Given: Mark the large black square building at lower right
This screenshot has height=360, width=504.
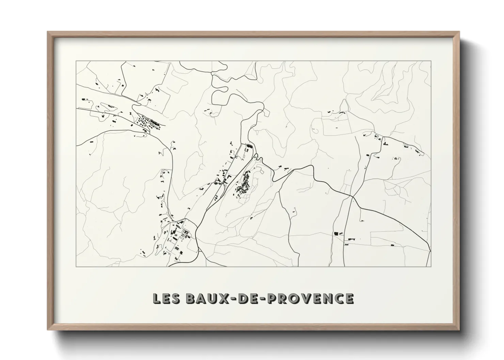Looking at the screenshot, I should pyautogui.click(x=336, y=233).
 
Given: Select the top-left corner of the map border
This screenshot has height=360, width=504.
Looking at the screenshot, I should pyautogui.click(x=76, y=61).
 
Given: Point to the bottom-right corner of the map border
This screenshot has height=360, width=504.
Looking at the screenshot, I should pyautogui.click(x=431, y=266).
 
